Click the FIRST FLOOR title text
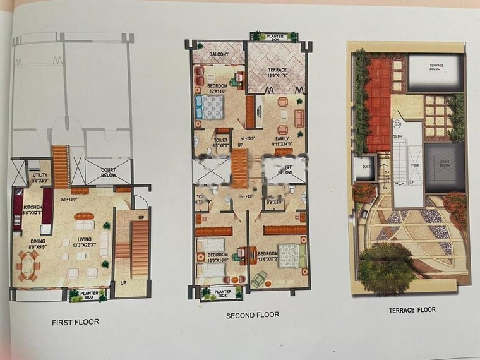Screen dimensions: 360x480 [75, 322]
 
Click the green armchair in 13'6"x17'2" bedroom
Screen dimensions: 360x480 [259, 278]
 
